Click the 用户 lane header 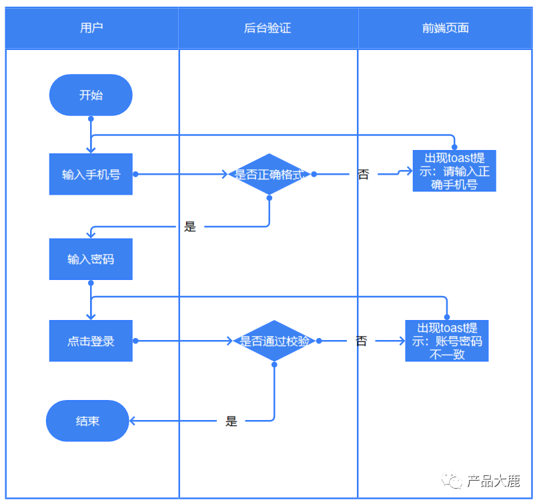pos(92,28)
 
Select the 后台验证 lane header pos(268,28)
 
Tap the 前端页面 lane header pos(445,28)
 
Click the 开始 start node pos(91,95)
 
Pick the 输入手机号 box pos(91,174)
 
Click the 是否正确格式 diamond pos(270,174)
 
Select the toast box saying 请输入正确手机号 pos(454,171)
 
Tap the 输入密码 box pos(91,259)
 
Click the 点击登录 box pos(91,341)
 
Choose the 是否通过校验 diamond pos(274,341)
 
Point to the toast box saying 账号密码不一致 pos(446,341)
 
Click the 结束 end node pos(87,421)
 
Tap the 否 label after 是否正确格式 pos(364,174)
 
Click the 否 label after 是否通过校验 pos(362,341)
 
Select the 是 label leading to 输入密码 pos(190,227)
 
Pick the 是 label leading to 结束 pos(231,421)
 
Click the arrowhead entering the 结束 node pos(132,421)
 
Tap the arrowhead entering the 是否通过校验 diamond pos(230,341)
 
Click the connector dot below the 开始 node pos(91,119)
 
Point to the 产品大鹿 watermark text pos(494,481)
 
